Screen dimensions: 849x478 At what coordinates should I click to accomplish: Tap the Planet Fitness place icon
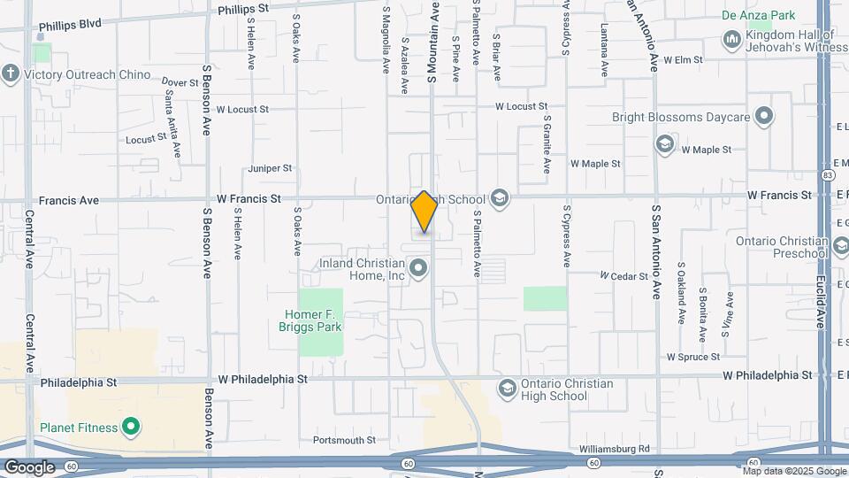coord(131,428)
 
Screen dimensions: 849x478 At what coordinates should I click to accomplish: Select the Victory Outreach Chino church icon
coord(11,73)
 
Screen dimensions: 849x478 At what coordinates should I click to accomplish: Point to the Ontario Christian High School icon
coord(507,389)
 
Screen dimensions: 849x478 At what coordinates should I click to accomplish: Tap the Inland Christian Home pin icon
coord(418,266)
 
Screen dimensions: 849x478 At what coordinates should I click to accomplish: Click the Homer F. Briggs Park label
coord(313,320)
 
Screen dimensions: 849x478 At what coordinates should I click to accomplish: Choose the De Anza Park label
coord(758,15)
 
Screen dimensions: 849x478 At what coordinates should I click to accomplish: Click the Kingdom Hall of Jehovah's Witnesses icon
coord(731,40)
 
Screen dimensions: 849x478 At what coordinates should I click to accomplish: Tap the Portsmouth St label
coord(344,440)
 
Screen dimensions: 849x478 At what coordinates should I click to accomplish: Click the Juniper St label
coord(270,168)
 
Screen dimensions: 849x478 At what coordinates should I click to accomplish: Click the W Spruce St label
coord(693,357)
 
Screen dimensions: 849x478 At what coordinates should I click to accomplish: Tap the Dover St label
coord(180,82)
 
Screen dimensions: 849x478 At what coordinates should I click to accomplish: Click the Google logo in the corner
coord(29,466)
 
